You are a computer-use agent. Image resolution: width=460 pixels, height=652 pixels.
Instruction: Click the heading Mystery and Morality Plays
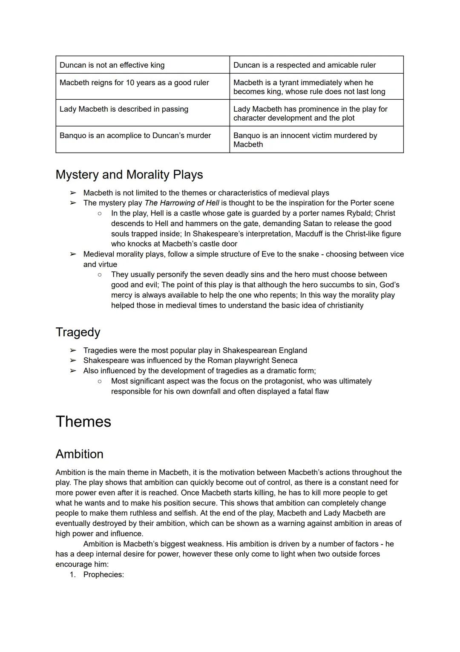pos(129,175)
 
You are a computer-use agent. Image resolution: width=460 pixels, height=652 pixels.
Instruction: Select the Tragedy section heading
pos(78,332)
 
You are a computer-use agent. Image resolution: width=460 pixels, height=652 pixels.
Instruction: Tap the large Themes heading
pos(83,421)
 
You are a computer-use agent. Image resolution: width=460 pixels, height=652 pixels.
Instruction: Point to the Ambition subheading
pos(79,454)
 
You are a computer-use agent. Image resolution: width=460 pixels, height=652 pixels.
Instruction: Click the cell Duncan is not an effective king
pos(112,65)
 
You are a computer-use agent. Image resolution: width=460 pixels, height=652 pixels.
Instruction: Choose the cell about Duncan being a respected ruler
pos(305,65)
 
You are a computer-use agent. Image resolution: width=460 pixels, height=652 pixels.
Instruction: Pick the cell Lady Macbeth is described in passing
pos(124,109)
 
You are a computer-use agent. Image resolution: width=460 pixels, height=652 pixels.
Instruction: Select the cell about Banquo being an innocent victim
pos(305,140)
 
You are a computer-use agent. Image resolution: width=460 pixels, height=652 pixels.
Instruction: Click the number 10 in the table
pos(130,83)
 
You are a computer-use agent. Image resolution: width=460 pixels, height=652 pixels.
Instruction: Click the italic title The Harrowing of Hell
pos(182,203)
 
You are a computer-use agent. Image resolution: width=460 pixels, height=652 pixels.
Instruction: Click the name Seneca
pos(284,361)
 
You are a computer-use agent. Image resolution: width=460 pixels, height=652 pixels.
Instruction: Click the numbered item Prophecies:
pos(103,575)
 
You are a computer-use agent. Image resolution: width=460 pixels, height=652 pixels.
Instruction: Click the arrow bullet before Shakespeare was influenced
pos(73,361)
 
